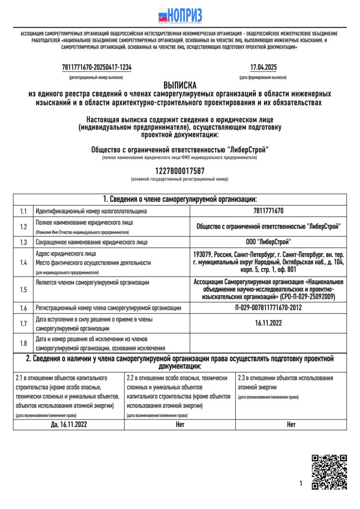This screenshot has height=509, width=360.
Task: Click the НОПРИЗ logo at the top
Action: [180, 15]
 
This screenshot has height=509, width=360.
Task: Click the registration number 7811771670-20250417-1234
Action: [97, 67]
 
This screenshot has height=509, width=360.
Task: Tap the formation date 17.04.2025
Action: [263, 67]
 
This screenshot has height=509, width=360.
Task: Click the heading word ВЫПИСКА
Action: [180, 85]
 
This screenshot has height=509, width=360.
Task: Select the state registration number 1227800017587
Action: [180, 171]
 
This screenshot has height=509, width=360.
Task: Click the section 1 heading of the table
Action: [180, 199]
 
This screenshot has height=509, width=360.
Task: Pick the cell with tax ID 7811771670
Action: [268, 211]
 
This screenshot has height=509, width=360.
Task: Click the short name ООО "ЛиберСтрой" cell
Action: [268, 242]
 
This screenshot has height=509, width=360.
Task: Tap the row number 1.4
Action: [23, 262]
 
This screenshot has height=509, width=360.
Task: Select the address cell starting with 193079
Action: [268, 262]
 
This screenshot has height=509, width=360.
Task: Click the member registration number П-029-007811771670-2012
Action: [268, 308]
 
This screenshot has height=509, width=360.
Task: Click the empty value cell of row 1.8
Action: [268, 343]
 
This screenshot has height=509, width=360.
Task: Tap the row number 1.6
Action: [23, 308]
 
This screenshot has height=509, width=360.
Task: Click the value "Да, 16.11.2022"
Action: [69, 425]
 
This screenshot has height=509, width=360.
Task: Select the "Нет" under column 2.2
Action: [180, 425]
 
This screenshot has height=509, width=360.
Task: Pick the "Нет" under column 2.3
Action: [291, 425]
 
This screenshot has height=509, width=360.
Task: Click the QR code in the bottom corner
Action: [330, 472]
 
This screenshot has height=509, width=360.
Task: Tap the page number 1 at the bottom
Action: [300, 483]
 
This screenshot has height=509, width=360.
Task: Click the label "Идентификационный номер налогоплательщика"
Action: [91, 211]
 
